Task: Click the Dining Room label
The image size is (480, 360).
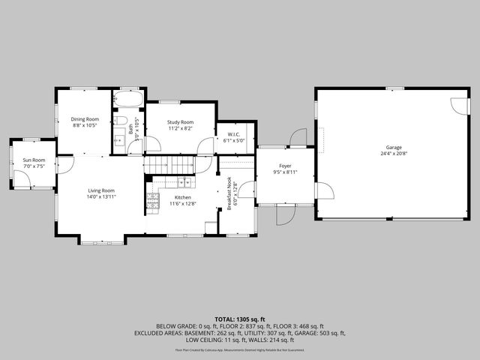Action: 85,119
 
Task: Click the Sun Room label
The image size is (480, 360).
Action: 34,160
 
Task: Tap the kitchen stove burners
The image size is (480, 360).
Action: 152,199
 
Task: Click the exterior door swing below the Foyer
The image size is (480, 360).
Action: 285,215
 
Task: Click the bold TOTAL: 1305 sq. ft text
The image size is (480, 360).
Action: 240,319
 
